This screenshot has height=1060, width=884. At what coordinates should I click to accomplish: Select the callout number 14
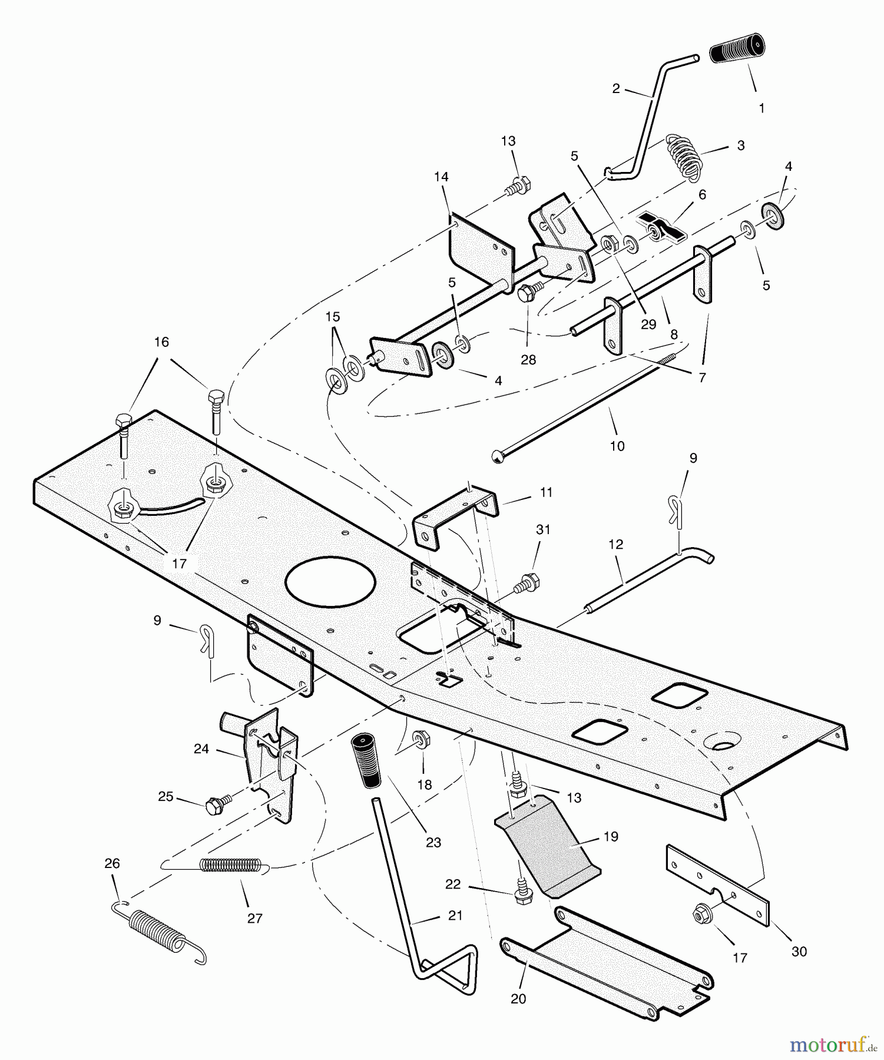(441, 177)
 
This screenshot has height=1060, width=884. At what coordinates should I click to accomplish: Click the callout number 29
(648, 324)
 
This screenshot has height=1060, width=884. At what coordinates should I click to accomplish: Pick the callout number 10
(617, 446)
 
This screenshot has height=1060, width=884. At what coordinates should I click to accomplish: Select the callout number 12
(615, 544)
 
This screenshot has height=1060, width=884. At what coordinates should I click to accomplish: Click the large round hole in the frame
(330, 581)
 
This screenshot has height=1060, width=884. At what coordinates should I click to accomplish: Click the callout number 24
(201, 748)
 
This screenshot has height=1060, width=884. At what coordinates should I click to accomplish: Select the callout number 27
(254, 918)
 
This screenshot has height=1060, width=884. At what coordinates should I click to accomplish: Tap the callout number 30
(799, 951)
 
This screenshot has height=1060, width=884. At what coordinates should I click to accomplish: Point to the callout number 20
(518, 999)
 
